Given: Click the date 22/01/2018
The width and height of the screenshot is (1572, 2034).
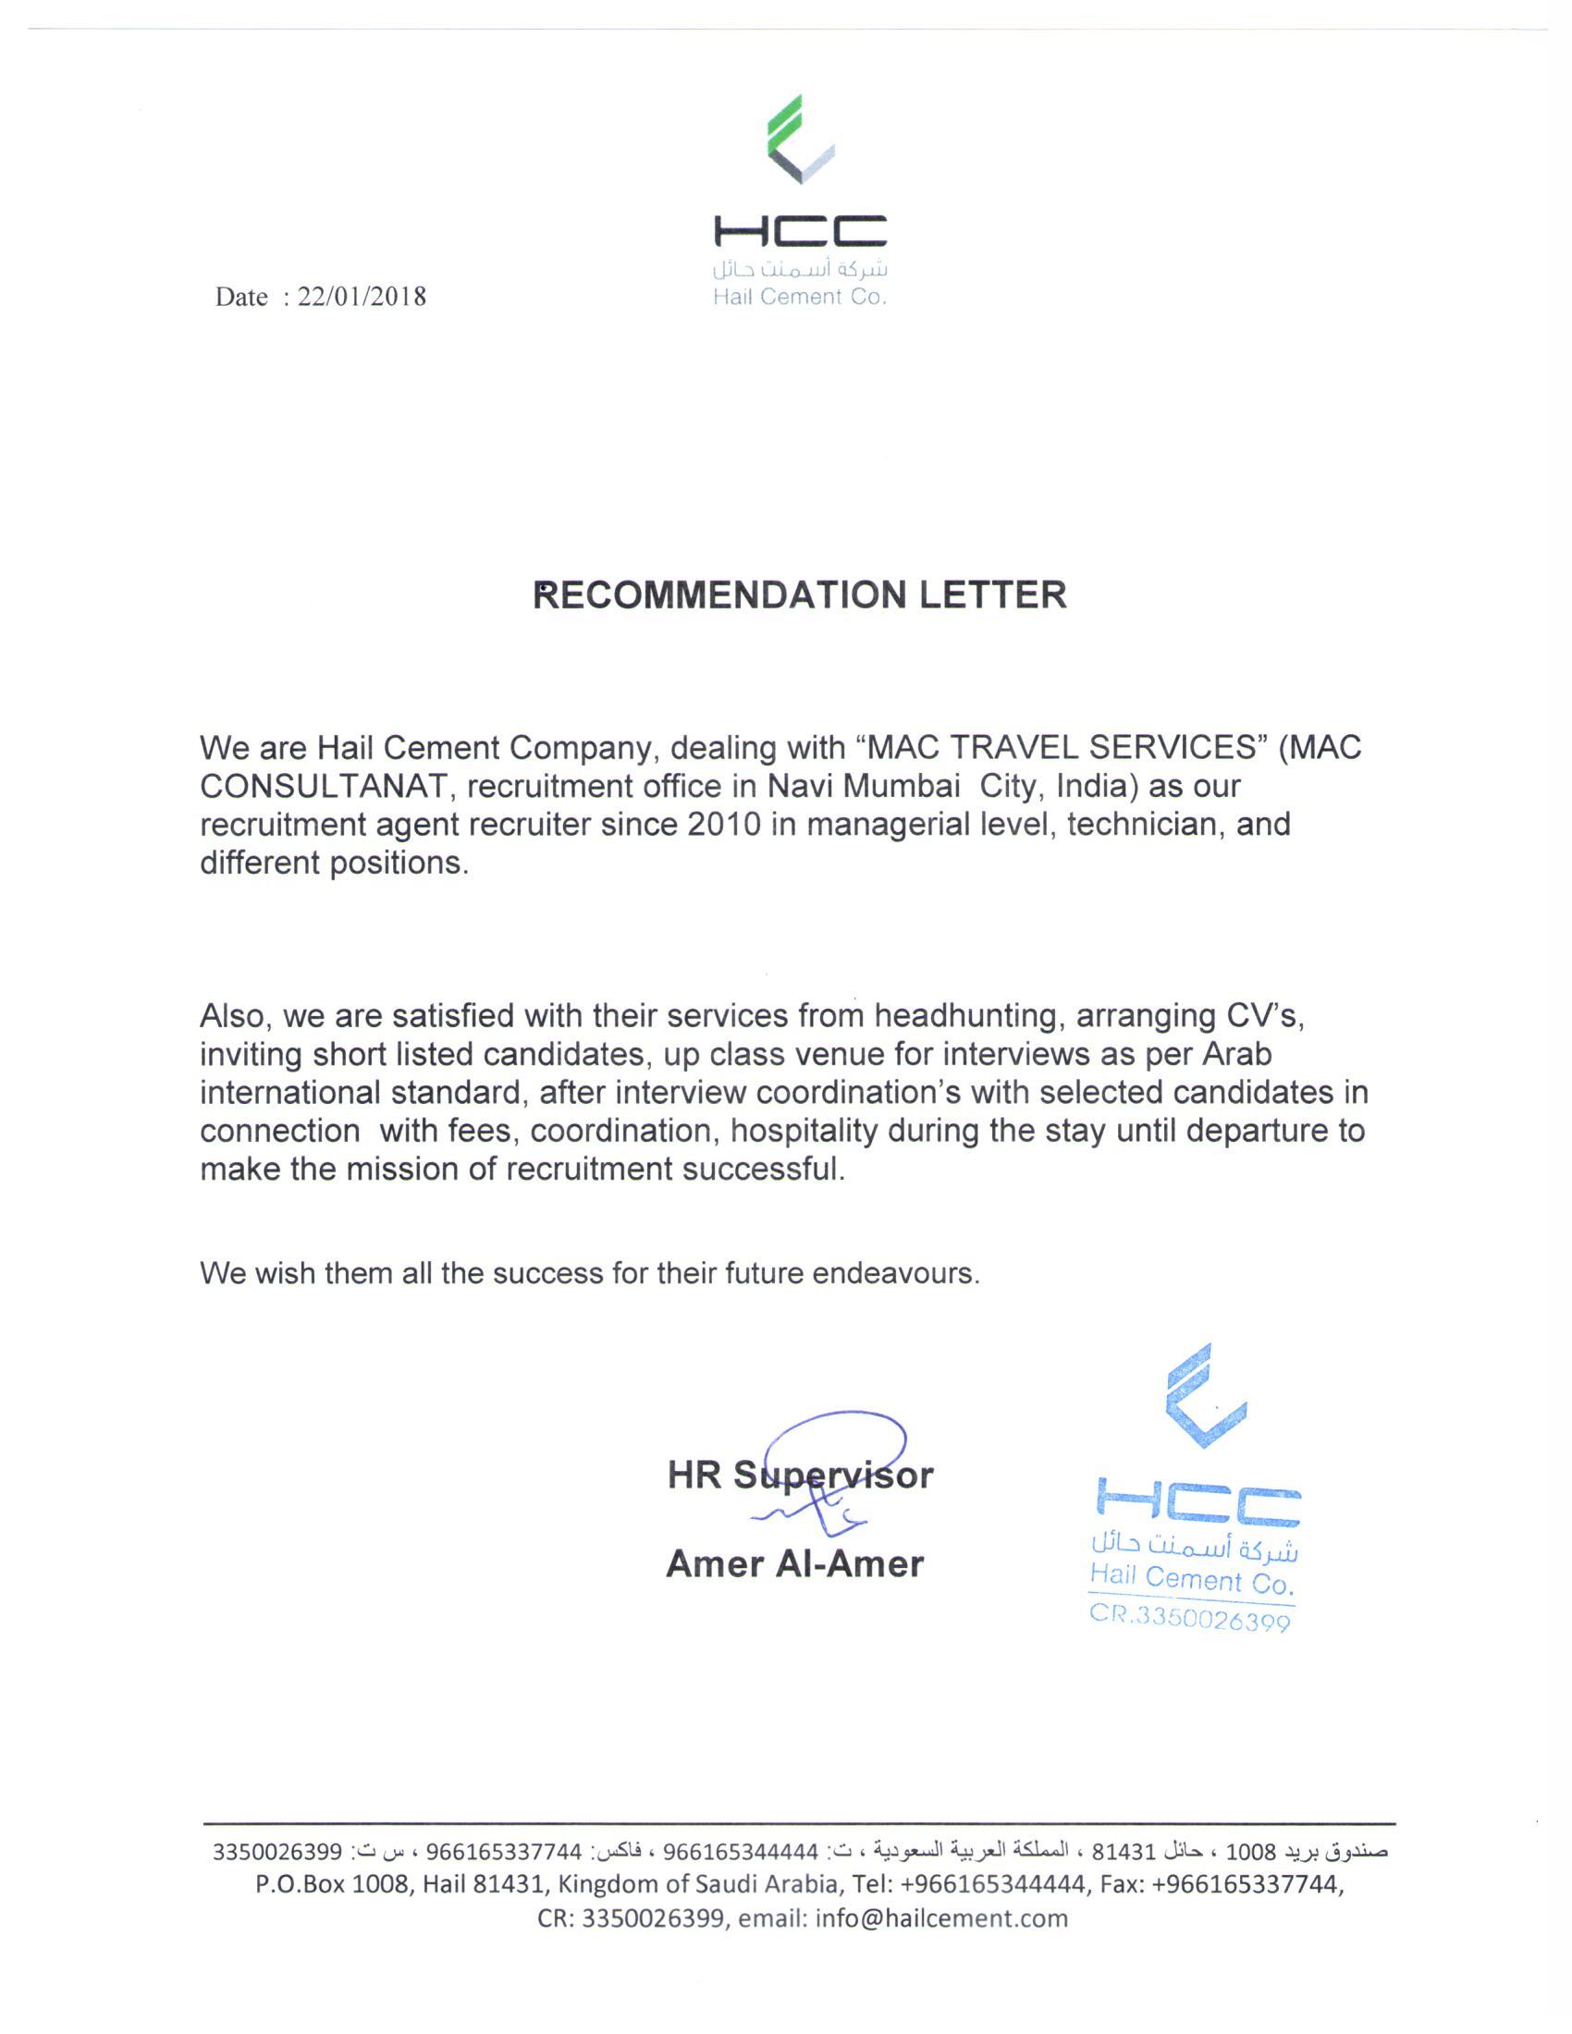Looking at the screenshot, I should pos(362,297).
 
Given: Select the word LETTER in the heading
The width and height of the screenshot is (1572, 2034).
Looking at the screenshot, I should pos(993,595).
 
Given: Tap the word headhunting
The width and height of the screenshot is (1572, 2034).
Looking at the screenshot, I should pos(969,1015).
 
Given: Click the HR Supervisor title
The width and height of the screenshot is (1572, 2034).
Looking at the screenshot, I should pos(800,1476).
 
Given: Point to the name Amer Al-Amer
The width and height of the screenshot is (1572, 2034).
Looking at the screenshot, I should pos(794,1563).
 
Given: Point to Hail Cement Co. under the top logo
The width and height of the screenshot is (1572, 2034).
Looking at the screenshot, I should pos(799,297).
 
